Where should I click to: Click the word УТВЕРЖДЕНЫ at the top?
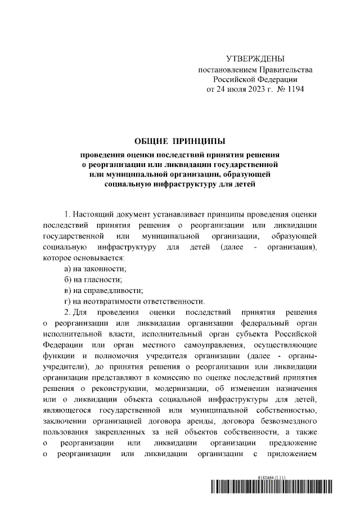click(x=255, y=58)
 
